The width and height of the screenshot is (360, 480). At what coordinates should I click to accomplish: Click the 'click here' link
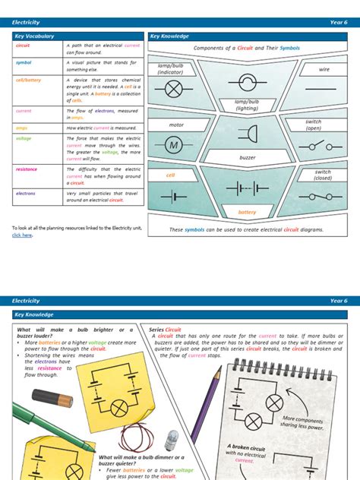(22, 235)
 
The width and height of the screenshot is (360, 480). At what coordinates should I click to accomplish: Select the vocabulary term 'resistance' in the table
(27, 169)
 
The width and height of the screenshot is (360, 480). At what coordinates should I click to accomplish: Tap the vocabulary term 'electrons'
(26, 194)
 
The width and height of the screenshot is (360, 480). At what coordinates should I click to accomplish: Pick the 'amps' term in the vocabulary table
(21, 128)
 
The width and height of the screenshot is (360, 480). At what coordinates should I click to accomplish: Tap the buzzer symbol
(247, 134)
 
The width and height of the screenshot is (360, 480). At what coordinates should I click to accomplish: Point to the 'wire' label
(325, 69)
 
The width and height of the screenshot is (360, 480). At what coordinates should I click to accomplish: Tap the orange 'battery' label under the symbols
(248, 213)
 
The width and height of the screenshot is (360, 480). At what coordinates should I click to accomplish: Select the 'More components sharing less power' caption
(303, 423)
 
